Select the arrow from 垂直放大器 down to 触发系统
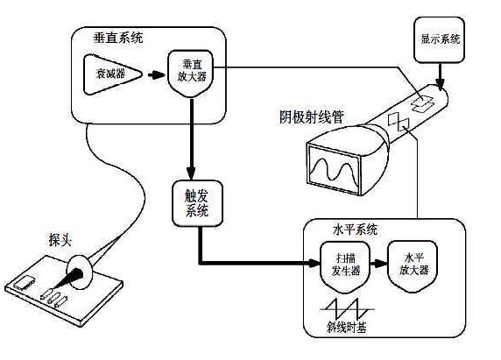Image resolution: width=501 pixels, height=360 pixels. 192,140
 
